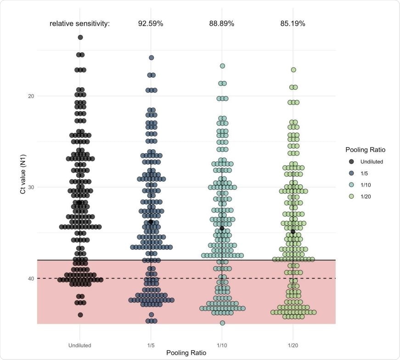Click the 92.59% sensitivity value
tap(151, 23)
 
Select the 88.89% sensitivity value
tap(222, 23)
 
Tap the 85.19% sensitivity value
tap(293, 23)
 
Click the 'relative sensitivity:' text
tap(80, 23)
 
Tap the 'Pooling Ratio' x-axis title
tap(186, 353)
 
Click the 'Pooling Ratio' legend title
tap(366, 150)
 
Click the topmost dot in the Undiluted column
tap(80, 37)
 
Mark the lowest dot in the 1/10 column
tap(222, 323)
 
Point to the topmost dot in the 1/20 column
tap(293, 70)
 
